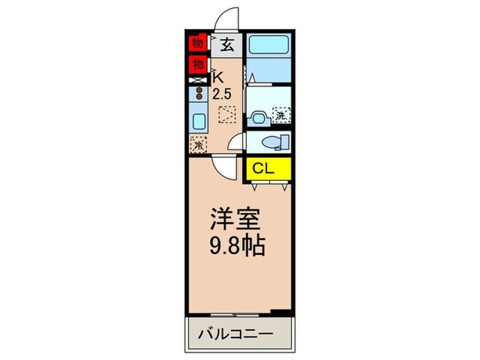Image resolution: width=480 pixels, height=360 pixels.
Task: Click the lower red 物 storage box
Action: point(197,65)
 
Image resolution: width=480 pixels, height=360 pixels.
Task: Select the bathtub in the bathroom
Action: point(269,47)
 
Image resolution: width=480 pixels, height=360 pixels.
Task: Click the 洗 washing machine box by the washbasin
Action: point(280,116)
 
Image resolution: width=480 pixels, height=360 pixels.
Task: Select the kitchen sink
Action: point(198,122)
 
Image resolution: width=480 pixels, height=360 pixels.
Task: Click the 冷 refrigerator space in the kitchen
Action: point(197,145)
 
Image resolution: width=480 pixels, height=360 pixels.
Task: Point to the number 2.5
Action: point(221,93)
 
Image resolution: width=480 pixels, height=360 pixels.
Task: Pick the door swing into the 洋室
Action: point(224,166)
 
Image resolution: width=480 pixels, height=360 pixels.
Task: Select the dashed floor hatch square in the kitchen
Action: point(226,114)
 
